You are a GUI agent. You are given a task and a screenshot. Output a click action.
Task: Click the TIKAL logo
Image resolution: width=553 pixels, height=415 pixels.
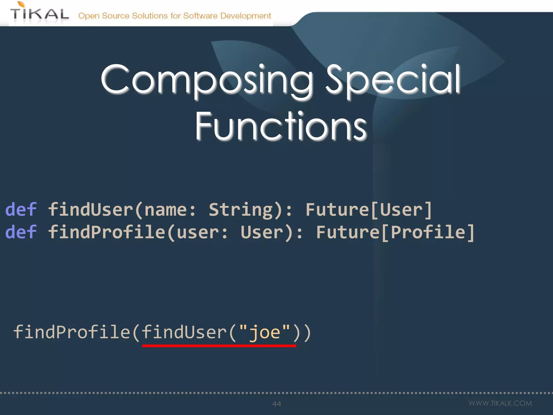click(x=39, y=14)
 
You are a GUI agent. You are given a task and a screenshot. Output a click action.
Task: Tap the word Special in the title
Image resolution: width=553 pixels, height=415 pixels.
click(x=393, y=80)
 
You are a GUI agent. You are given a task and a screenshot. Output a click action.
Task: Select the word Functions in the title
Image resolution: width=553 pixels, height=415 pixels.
click(x=281, y=126)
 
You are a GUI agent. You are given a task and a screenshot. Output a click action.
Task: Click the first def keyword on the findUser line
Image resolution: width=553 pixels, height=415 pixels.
click(x=21, y=209)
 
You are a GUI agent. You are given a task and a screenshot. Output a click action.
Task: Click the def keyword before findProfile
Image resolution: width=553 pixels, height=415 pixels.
click(x=21, y=232)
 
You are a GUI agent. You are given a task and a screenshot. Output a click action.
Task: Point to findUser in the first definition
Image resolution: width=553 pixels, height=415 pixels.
click(x=91, y=209)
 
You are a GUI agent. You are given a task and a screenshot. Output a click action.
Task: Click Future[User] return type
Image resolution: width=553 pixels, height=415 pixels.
click(x=369, y=209)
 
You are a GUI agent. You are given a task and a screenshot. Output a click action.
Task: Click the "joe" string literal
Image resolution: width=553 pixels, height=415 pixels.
click(x=265, y=332)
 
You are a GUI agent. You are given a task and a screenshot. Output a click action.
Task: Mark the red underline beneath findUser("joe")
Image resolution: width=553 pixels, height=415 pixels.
click(x=219, y=346)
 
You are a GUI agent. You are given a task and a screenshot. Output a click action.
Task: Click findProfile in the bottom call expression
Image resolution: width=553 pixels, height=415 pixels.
click(x=72, y=332)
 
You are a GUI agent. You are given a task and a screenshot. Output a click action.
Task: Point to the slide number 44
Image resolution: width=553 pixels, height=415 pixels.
click(x=277, y=404)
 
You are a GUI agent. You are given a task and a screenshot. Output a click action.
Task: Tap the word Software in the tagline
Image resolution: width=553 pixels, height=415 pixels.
click(x=200, y=16)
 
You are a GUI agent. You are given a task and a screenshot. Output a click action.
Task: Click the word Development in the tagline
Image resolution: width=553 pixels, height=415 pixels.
click(x=245, y=16)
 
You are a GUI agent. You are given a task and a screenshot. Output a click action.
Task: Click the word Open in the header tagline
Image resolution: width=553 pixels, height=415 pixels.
click(x=89, y=16)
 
